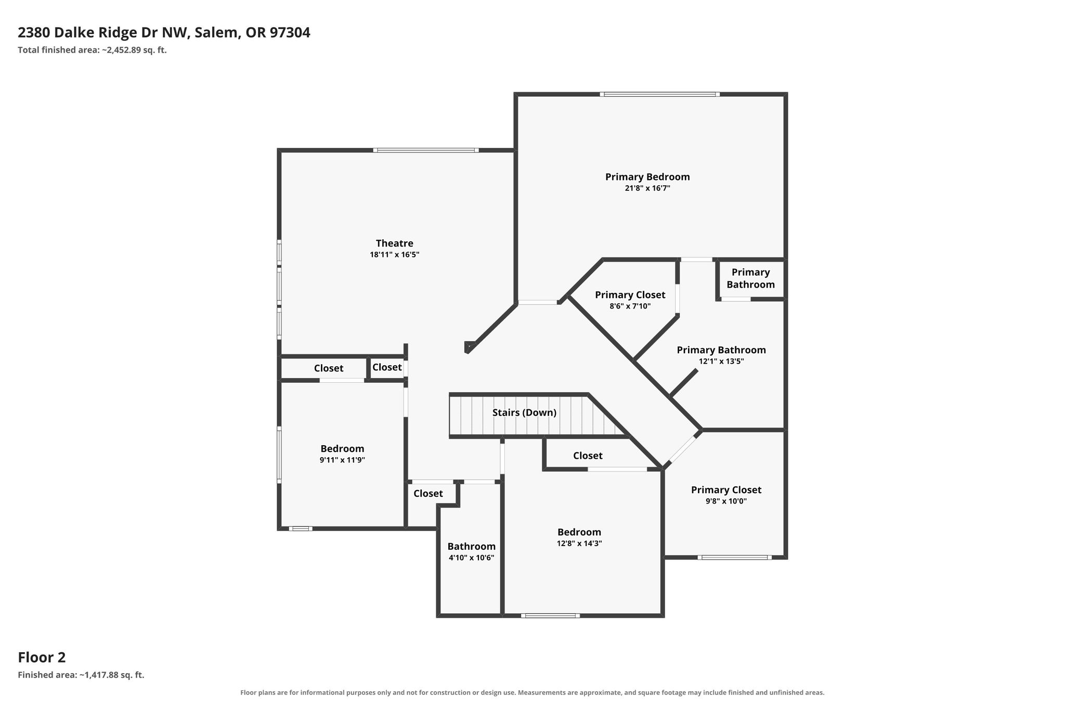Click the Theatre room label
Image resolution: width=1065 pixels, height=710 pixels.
395,243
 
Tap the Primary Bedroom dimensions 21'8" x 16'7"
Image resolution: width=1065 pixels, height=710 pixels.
647,188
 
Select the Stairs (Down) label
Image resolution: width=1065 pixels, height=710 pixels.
524,412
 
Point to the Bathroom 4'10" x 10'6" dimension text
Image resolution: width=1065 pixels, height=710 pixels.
471,558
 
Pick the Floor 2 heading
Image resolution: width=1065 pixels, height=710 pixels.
42,657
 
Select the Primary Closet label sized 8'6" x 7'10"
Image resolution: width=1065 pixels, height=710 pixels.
630,295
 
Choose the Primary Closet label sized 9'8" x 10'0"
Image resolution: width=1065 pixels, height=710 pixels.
726,489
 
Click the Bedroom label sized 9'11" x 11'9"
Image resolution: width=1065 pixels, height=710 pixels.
342,448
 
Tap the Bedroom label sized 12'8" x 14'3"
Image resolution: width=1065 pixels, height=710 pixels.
579,532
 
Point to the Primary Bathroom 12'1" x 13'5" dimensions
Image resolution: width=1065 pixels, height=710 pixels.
721,362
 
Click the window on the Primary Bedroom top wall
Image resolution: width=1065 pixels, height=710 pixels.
659,94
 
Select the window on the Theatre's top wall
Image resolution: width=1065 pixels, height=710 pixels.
425,150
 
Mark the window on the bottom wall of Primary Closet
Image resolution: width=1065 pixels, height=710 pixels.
734,557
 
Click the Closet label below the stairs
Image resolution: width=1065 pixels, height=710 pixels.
588,456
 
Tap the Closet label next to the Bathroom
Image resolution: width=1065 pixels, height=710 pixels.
428,493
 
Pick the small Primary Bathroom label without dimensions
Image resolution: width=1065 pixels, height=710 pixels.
750,278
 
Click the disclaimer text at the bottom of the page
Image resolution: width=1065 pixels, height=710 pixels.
532,692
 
